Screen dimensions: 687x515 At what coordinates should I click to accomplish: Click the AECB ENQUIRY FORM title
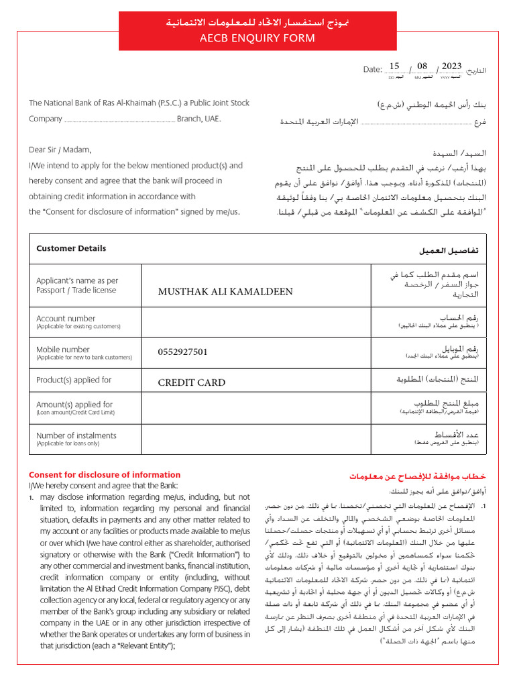pos(257,38)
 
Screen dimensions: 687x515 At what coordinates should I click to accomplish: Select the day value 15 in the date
pos(394,67)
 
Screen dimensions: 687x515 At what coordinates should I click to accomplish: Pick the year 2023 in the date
pos(451,66)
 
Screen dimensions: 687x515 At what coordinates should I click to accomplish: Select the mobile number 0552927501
pos(182,352)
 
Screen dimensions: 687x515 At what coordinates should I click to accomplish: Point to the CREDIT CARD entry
pos(191,382)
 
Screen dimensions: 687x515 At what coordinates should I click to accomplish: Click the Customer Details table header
pos(71,248)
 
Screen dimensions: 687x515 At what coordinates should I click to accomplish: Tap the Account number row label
pos(66,319)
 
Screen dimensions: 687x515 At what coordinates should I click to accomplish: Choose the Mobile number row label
pos(63,350)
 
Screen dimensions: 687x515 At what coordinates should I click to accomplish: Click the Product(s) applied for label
pos(74,380)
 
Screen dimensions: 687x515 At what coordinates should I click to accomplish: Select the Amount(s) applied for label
pos(74,405)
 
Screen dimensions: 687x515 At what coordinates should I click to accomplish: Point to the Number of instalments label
pos(76,435)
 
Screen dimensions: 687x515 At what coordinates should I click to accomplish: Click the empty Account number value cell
pos(255,322)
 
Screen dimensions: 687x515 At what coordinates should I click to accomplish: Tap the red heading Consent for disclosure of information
pos(104,474)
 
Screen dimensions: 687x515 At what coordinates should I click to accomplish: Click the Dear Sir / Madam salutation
pos(59,150)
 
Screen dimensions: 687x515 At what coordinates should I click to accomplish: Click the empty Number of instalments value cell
pos(255,439)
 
